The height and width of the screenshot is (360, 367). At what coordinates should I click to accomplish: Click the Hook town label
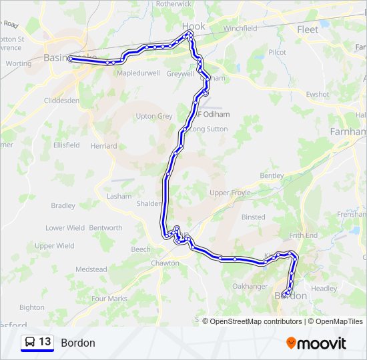194,27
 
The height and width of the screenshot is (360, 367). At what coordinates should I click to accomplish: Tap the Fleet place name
308,29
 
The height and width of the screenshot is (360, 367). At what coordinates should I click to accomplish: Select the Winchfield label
240,29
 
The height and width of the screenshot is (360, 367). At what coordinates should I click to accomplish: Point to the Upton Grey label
154,116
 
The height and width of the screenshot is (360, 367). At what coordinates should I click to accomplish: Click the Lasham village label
119,196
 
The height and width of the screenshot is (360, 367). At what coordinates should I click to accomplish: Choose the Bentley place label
272,175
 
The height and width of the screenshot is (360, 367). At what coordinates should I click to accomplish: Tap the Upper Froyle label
230,193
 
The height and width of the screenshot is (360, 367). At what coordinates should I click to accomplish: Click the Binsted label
253,217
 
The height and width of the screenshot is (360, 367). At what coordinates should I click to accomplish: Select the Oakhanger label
250,286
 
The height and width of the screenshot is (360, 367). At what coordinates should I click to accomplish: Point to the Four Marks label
109,299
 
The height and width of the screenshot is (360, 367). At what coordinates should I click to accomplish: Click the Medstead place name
91,269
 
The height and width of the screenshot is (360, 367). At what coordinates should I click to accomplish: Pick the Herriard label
103,145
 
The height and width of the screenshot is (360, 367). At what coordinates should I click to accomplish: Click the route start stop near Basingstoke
70,59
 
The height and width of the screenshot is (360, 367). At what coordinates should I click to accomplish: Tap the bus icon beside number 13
30,343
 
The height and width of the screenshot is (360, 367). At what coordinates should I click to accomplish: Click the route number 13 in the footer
45,342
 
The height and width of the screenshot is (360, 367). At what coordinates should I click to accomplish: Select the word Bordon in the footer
78,343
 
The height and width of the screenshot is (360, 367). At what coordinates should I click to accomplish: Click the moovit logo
316,343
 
